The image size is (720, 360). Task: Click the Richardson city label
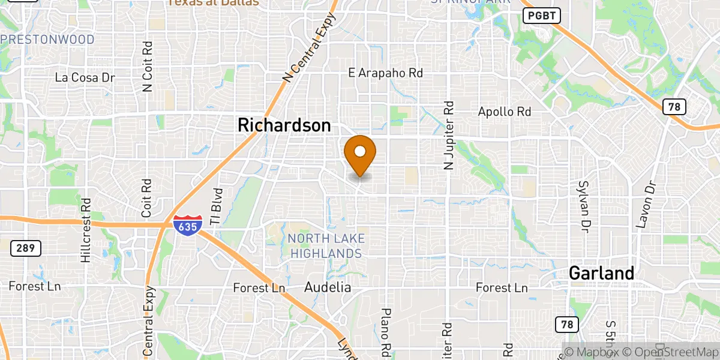click(x=284, y=125)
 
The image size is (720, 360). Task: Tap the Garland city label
click(x=601, y=274)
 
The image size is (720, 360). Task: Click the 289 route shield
click(x=25, y=247)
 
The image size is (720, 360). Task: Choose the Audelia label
click(x=328, y=287)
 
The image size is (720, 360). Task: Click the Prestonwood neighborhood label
click(x=48, y=40)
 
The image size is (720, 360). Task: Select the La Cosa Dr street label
click(x=85, y=77)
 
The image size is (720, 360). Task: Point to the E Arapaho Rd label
click(x=386, y=73)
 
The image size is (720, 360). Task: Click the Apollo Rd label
click(x=505, y=112)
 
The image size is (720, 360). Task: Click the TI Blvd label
click(x=218, y=207)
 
